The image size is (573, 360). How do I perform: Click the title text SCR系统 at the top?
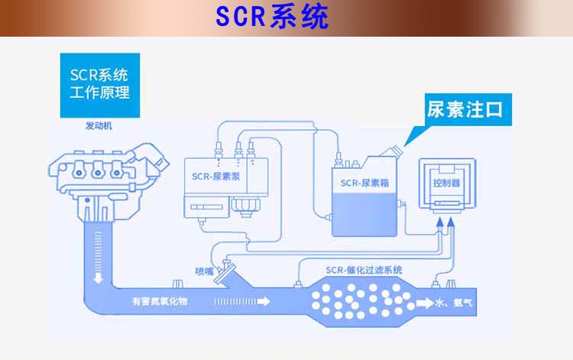pyautogui.click(x=272, y=17)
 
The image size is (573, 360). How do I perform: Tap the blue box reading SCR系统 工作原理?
pyautogui.click(x=99, y=85)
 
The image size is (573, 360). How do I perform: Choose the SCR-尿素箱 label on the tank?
pyautogui.click(x=361, y=183)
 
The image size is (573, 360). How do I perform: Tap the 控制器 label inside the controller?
pyautogui.click(x=445, y=183)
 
